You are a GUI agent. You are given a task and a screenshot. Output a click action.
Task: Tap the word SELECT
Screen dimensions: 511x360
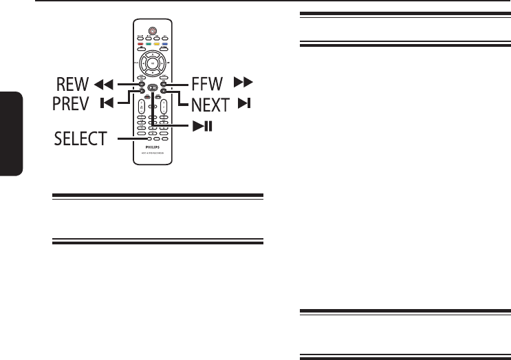(80, 140)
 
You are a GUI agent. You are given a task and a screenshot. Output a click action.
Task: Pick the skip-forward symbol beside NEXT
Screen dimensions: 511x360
(246, 105)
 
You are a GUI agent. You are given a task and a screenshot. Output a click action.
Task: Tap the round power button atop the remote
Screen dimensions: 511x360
(151, 31)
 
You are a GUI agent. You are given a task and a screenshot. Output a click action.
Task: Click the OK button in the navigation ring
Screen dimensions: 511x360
(151, 63)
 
